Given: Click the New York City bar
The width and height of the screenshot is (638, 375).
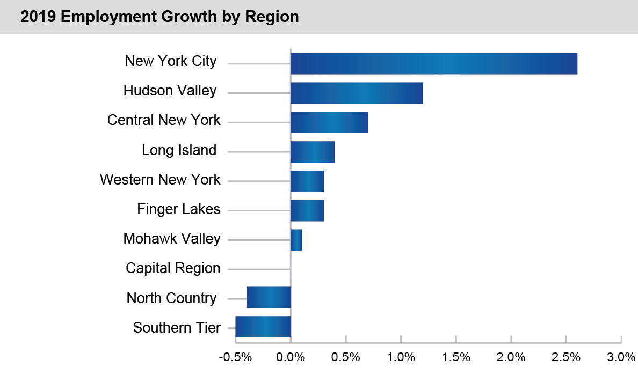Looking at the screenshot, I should [x=433, y=64].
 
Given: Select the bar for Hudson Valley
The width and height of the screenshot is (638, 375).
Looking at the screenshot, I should [x=357, y=93].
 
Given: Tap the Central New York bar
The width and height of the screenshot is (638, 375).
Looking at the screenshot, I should [x=329, y=122].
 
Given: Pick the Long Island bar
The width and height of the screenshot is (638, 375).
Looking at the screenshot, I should [x=313, y=152].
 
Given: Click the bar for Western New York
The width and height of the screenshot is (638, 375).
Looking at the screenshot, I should [x=307, y=181].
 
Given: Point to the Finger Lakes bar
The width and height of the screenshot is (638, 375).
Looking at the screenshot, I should [x=307, y=210].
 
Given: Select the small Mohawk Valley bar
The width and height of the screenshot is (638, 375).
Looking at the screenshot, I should [x=296, y=240].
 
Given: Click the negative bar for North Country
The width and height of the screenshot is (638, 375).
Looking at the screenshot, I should [x=269, y=297].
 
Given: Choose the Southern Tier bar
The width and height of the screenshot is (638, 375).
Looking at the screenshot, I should [x=263, y=327].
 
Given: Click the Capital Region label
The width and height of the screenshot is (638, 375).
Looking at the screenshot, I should [x=173, y=268].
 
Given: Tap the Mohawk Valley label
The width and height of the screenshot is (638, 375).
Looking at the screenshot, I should [x=172, y=239].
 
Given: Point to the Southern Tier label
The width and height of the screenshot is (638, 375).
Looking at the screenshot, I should [x=177, y=327].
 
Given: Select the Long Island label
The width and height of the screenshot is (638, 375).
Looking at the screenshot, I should [x=179, y=150].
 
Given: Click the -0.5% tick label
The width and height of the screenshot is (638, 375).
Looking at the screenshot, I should [x=235, y=357].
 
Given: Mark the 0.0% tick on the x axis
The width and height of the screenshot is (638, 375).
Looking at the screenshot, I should [x=291, y=357].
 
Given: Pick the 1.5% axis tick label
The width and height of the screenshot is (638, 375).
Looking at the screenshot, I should [x=456, y=357].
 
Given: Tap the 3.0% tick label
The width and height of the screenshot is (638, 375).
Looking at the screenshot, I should [x=621, y=357].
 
